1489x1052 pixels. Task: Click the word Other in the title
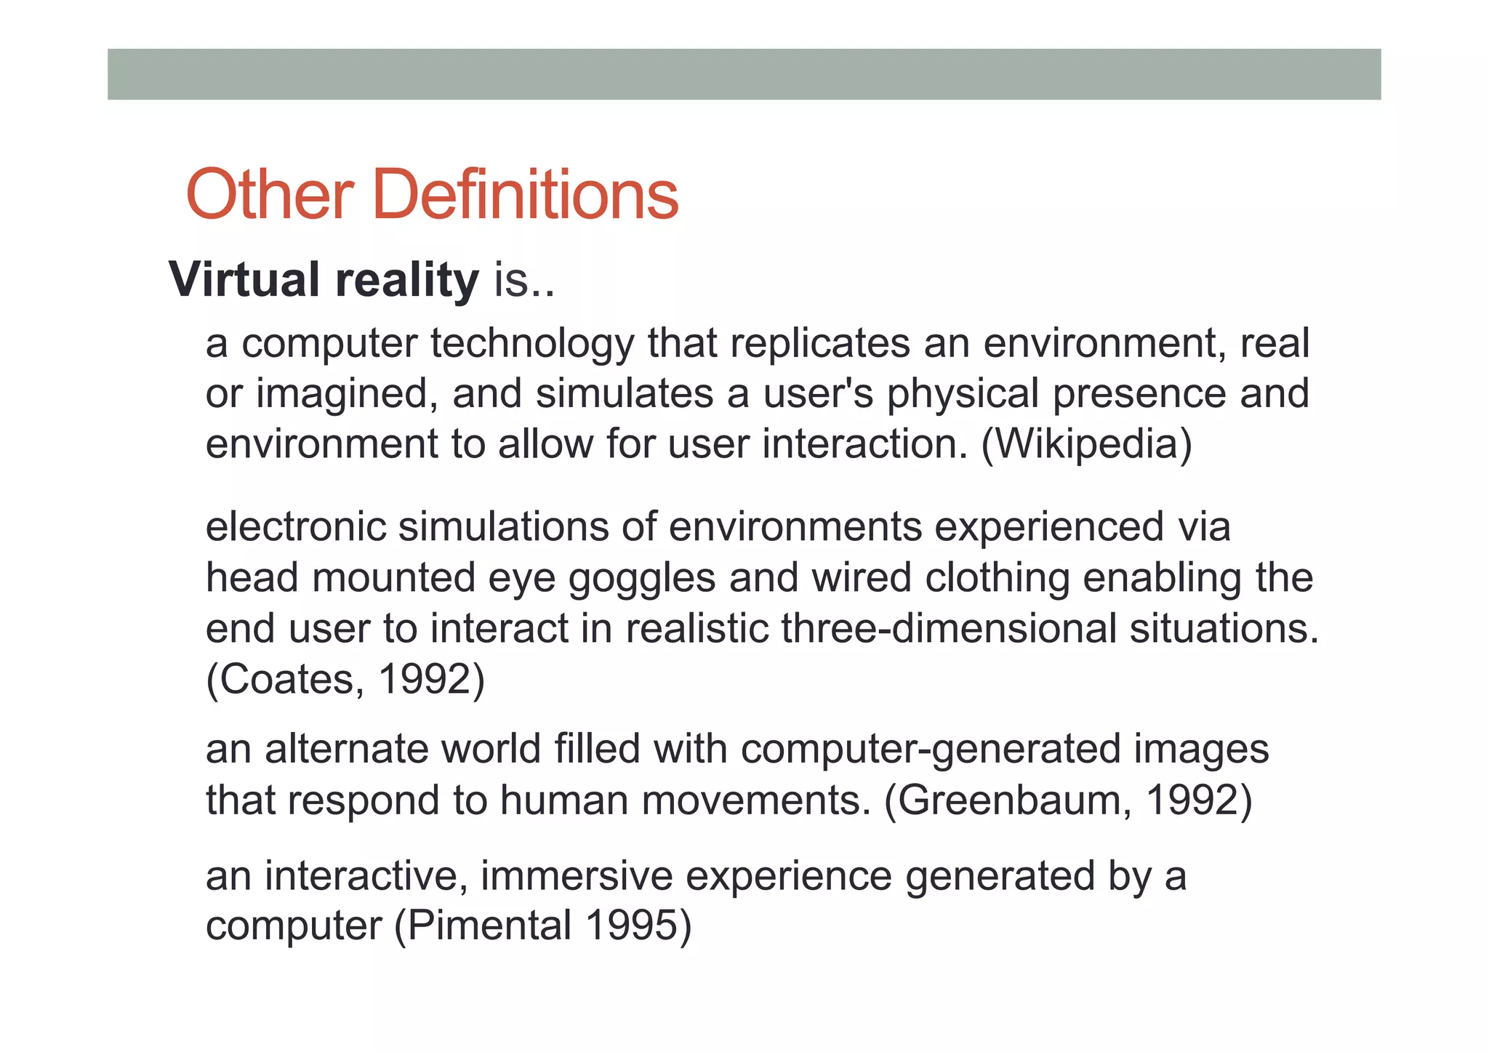(270, 194)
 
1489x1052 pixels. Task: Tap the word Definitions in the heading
(525, 194)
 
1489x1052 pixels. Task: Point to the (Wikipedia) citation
(1086, 444)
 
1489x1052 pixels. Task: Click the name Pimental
(489, 925)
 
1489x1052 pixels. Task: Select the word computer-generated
(930, 750)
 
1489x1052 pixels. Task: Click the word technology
(532, 344)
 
